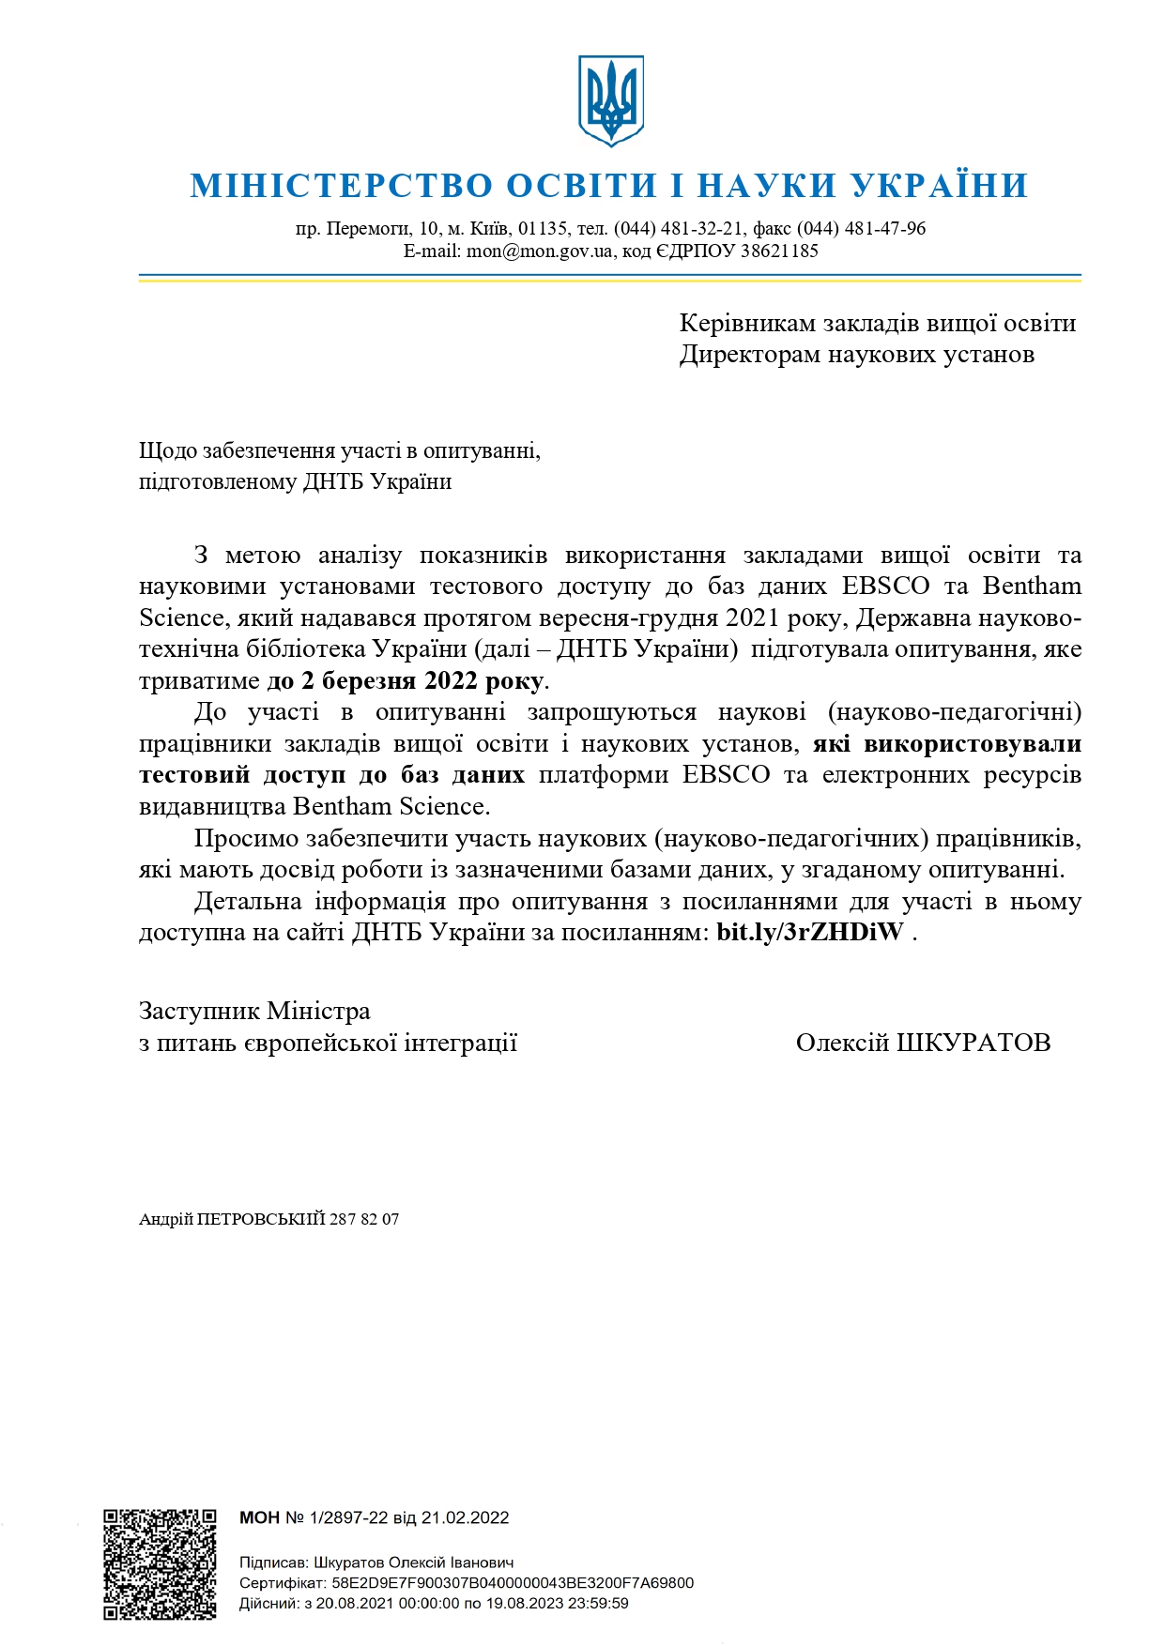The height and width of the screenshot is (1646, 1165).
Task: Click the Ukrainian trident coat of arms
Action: pos(610,99)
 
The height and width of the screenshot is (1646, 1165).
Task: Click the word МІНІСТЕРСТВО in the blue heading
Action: pos(341,186)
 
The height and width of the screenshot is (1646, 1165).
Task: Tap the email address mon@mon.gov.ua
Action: pos(539,251)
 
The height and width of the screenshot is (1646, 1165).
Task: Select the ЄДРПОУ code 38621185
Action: pos(779,251)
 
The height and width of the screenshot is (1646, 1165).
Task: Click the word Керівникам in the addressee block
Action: pos(747,324)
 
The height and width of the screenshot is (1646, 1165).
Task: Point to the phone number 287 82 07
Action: pos(364,1220)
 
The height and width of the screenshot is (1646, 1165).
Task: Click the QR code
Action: pos(160,1564)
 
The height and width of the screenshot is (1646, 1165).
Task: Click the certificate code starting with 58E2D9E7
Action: pos(513,1583)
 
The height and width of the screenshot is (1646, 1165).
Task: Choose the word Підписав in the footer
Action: pos(272,1563)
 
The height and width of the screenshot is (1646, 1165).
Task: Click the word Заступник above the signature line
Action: pos(199,1012)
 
